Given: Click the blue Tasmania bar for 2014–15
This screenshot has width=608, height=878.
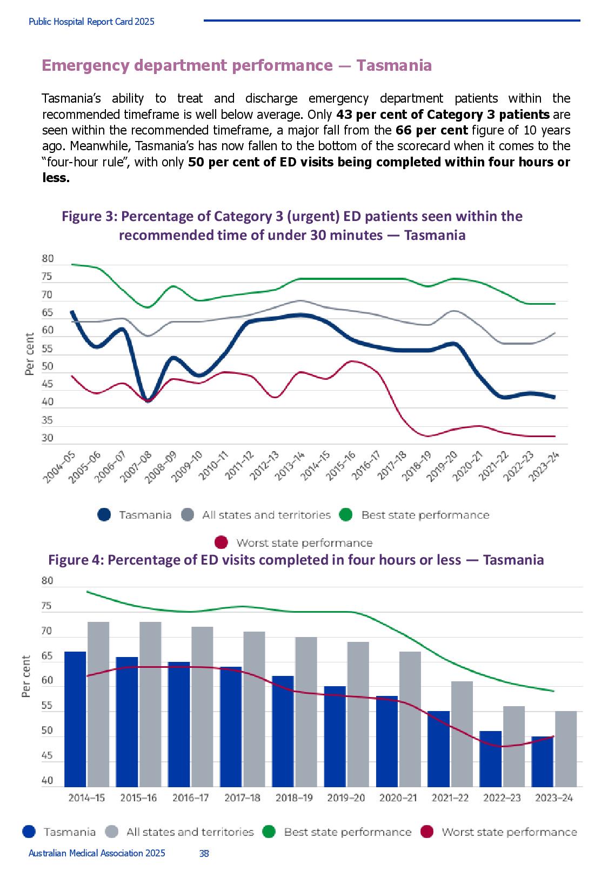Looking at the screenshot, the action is (75, 719).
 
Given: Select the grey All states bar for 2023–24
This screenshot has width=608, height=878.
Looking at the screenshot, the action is (566, 749).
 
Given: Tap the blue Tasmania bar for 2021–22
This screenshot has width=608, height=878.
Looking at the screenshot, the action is (438, 749).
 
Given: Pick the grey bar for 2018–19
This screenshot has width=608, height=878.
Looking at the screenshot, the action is (306, 712).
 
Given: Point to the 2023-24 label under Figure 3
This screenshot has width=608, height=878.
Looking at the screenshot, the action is (543, 466).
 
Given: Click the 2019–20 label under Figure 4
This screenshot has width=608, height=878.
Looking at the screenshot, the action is (346, 797).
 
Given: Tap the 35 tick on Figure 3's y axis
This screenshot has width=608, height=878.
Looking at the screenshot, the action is (47, 420).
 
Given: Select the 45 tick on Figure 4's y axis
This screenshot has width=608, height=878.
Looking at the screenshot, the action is (46, 755).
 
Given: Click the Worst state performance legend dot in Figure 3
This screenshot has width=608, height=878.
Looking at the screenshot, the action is (222, 542).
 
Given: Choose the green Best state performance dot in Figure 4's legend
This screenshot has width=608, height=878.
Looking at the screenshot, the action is (269, 832).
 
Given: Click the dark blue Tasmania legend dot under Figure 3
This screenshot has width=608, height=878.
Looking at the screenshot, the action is (104, 515).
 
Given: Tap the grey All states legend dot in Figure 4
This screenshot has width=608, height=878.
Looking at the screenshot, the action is (112, 832).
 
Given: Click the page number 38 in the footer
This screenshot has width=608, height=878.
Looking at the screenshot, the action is (204, 853).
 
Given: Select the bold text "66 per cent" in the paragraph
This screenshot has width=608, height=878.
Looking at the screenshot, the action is (432, 130).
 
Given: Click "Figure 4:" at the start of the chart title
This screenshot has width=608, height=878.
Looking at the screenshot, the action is (76, 560).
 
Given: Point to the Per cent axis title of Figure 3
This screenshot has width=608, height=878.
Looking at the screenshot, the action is (29, 354).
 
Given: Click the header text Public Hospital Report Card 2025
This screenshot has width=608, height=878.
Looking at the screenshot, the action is (91, 22).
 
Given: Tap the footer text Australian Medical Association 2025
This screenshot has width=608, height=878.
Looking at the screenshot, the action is (97, 853).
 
